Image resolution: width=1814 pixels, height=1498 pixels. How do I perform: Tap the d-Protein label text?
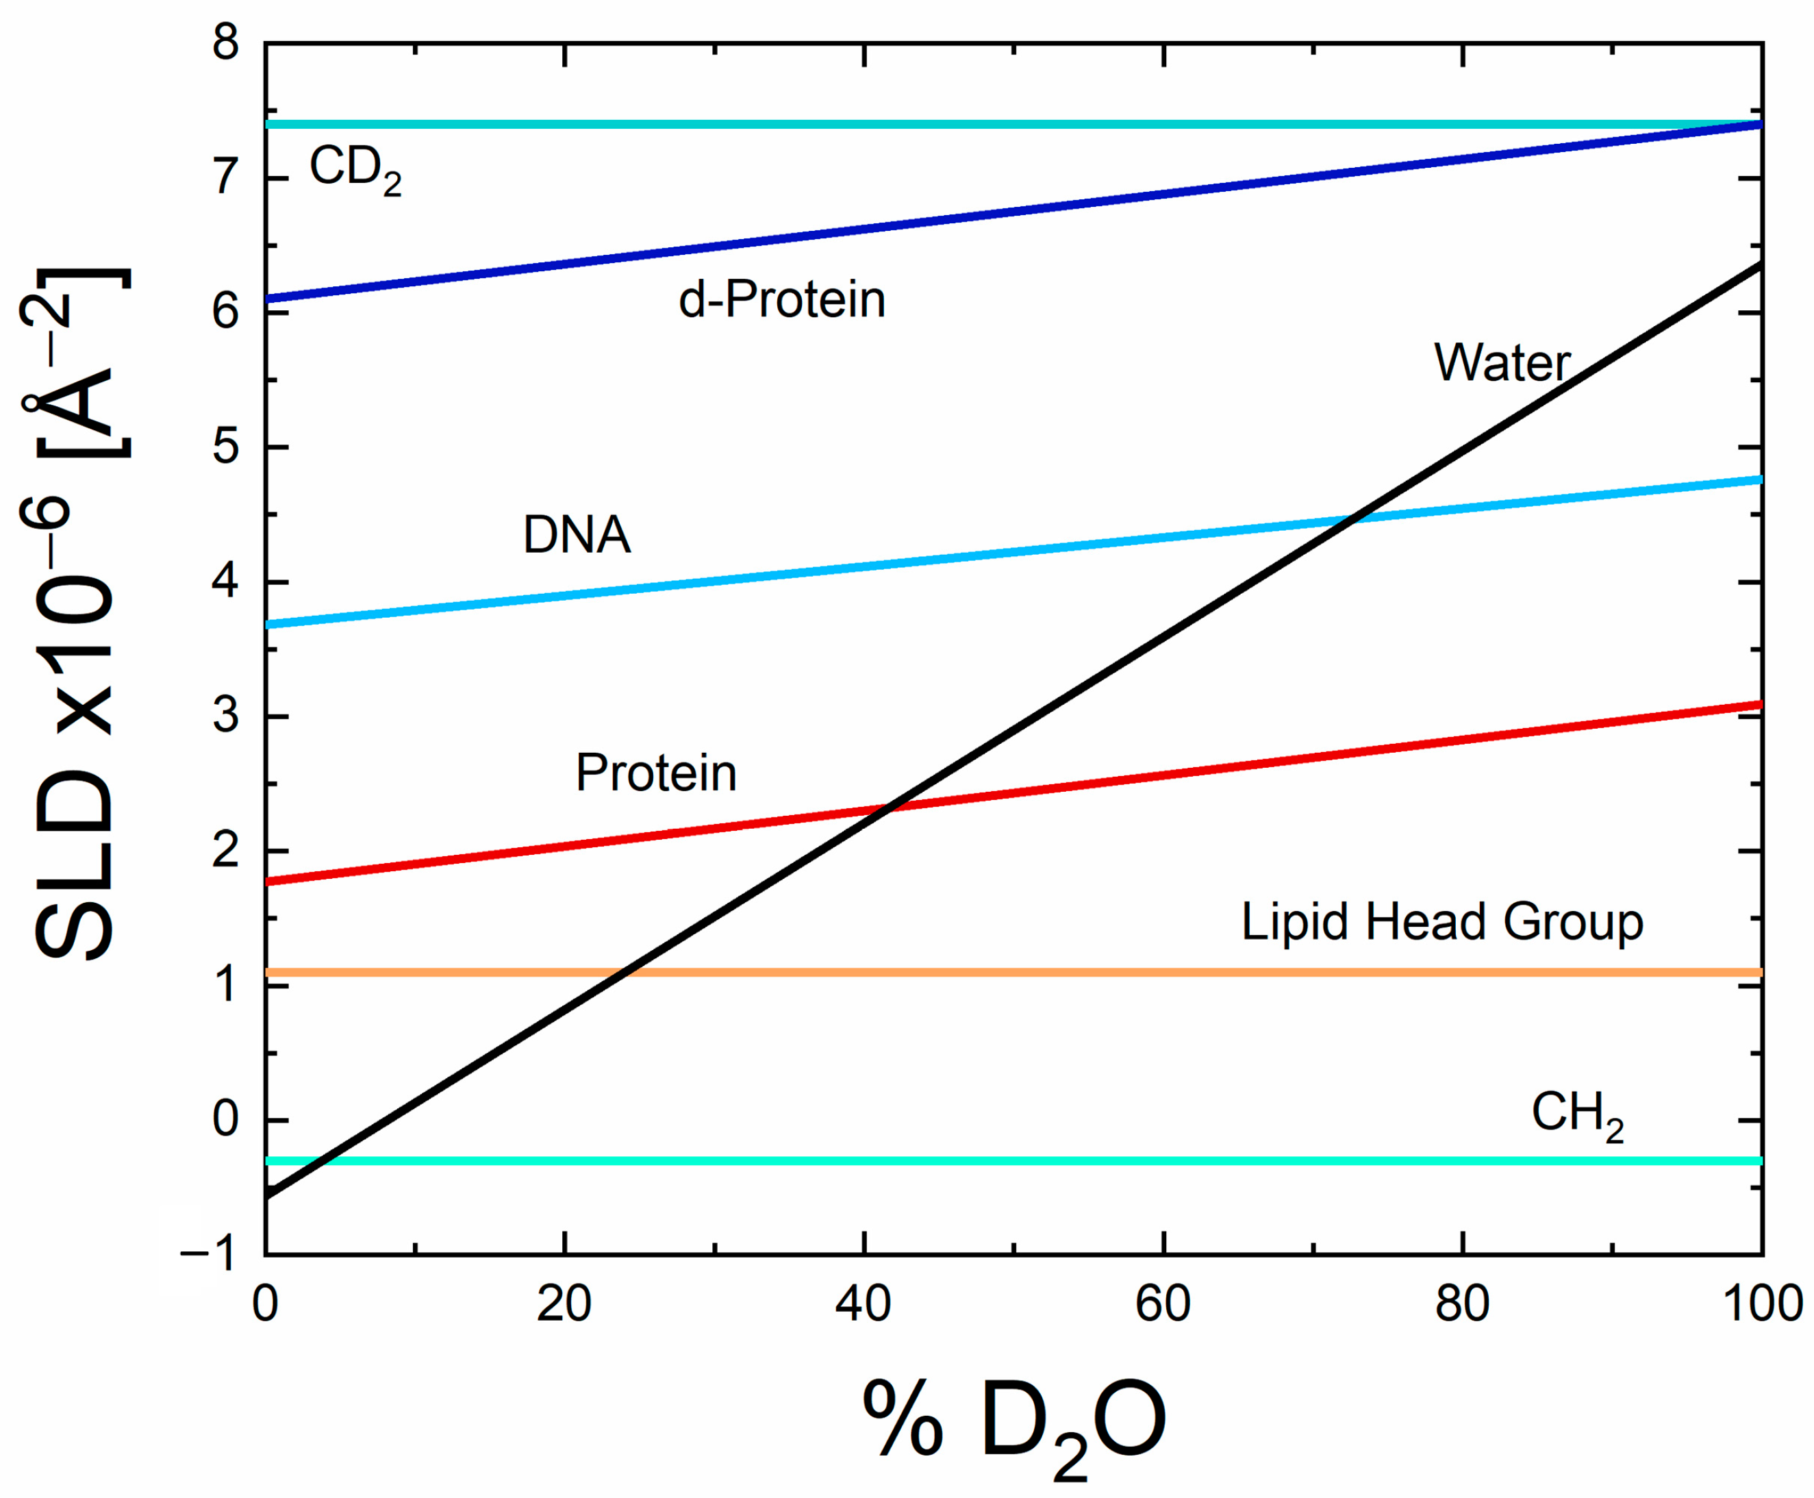(781, 300)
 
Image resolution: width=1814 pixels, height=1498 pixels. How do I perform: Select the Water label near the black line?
(1501, 362)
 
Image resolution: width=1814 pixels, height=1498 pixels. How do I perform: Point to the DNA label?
(576, 535)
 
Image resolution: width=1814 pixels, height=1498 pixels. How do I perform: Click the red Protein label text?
(655, 773)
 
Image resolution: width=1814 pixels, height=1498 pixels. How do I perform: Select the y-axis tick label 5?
(226, 447)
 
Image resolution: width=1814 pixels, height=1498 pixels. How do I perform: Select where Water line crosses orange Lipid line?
(625, 973)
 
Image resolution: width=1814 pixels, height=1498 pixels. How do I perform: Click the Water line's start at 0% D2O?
(267, 1196)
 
